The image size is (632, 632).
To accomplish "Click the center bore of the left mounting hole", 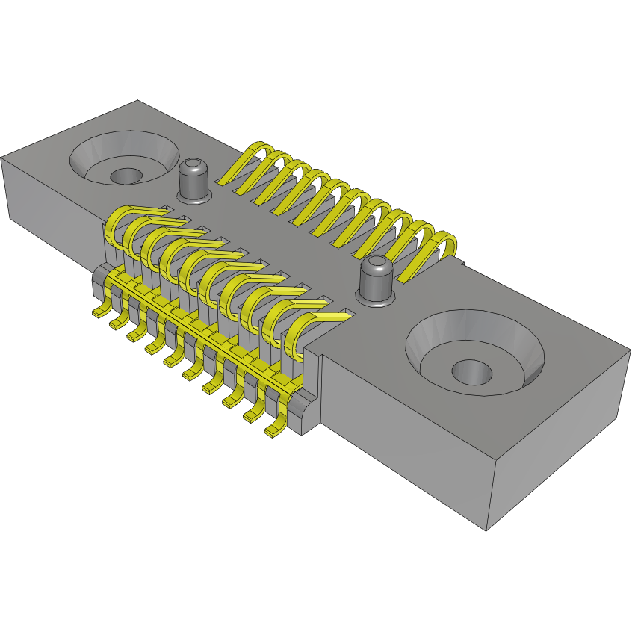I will tap(126, 176).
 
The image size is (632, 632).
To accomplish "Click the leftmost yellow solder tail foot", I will tap(99, 311).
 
